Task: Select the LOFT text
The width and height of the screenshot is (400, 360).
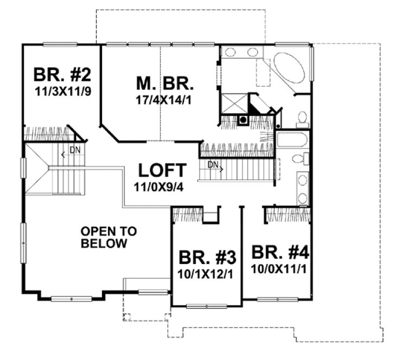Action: (x=162, y=170)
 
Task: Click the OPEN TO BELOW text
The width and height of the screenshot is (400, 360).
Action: (x=109, y=237)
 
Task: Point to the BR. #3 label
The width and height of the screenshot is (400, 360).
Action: (x=206, y=256)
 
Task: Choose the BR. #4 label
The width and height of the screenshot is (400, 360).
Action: (x=280, y=253)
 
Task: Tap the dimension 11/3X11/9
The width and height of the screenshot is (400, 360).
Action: (x=62, y=90)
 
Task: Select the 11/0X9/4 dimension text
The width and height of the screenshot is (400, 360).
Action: (x=162, y=187)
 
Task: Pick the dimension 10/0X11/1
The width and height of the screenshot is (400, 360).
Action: (x=280, y=267)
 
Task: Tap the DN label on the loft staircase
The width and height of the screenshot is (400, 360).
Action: (x=214, y=164)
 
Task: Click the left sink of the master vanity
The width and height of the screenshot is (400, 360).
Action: (x=230, y=53)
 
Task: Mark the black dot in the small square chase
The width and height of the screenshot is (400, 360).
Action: (x=244, y=120)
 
